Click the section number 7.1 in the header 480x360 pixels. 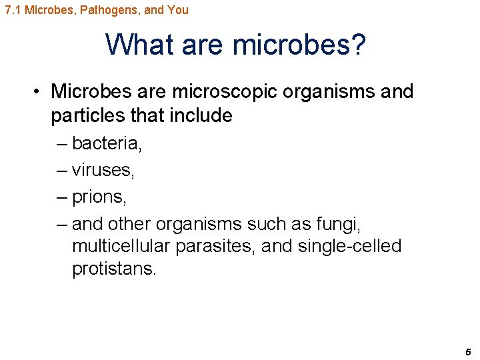(x=13, y=10)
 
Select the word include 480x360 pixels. (x=201, y=115)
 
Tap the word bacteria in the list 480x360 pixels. (x=106, y=143)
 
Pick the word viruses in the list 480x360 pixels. (x=103, y=170)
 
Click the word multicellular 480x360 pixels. (x=122, y=246)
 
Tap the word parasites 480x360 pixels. (x=216, y=246)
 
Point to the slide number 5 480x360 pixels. (x=468, y=351)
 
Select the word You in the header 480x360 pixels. (x=178, y=10)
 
